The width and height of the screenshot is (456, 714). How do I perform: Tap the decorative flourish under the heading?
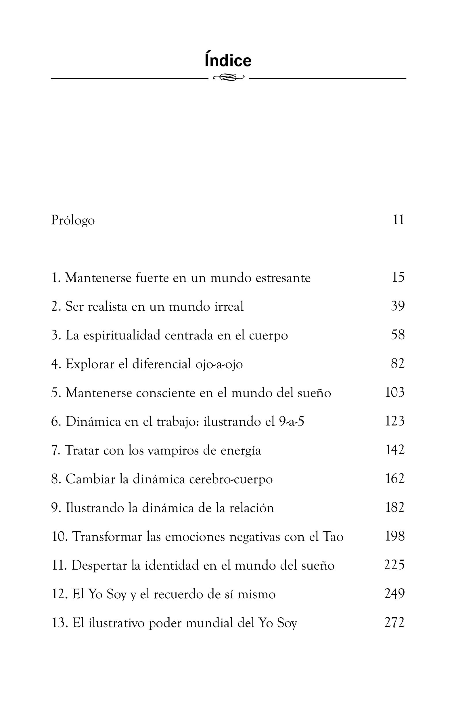pos(229,78)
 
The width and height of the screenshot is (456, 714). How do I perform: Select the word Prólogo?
pos(73,220)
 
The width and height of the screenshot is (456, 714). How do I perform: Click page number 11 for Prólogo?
pos(398,220)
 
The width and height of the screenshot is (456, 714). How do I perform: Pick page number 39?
pos(398,306)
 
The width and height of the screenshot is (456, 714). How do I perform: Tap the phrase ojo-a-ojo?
pos(219,364)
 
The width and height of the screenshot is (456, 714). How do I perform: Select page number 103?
pos(395,392)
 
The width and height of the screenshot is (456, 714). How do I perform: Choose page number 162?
pos(395,479)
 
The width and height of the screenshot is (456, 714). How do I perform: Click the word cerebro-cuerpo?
pos(231,479)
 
